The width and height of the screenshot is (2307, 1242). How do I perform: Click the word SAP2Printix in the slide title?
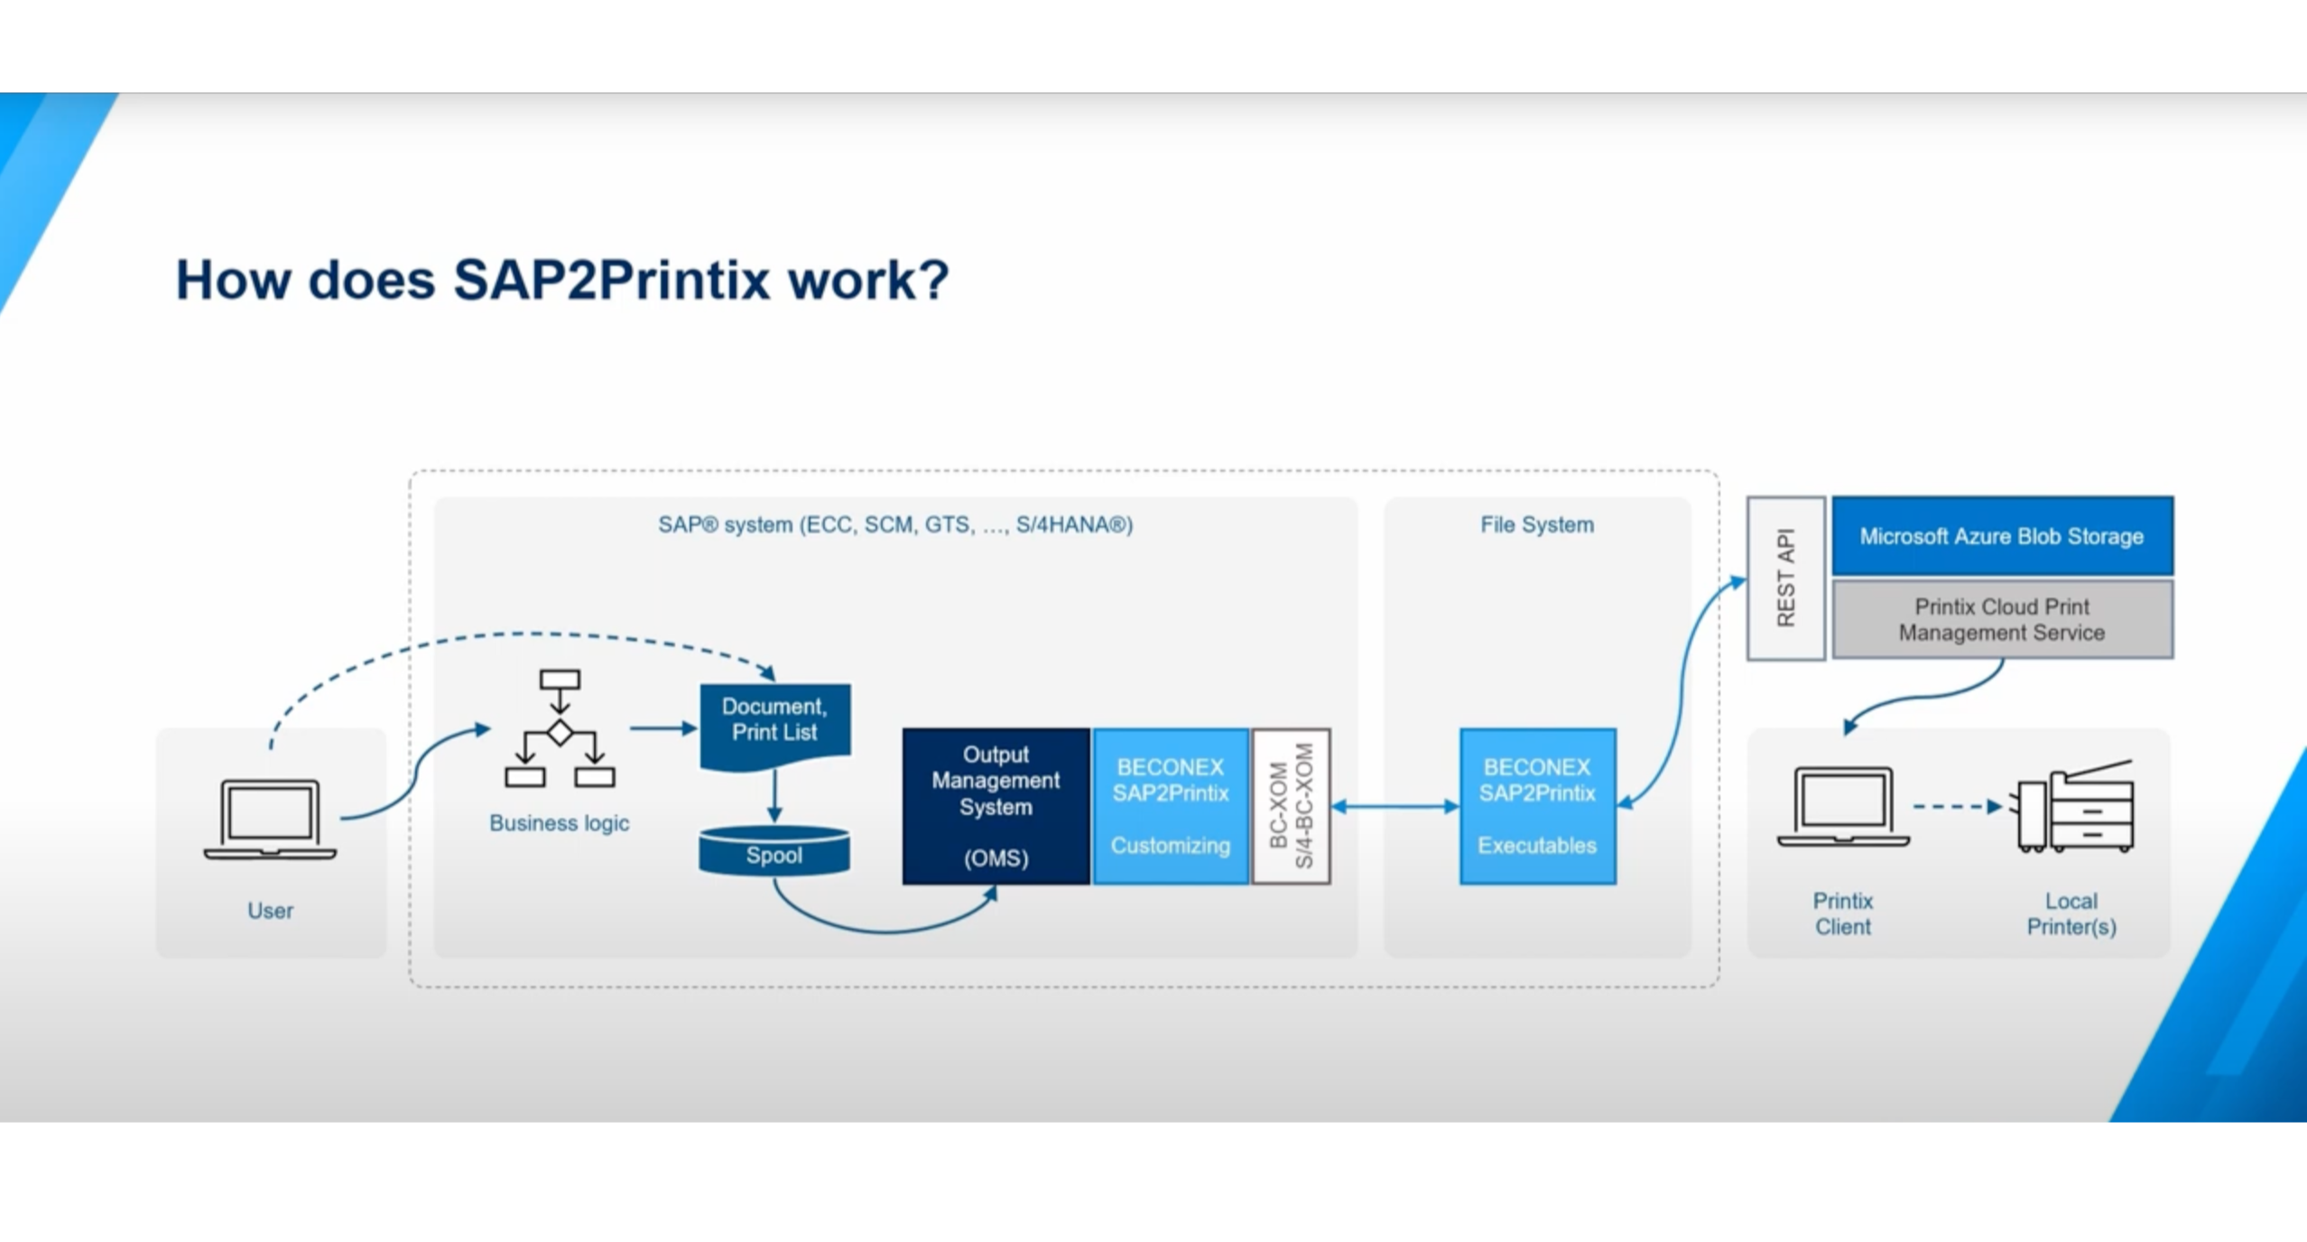611,280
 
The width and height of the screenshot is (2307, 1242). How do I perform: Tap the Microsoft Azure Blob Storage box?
2002,536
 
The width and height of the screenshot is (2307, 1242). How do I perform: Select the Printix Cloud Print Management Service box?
2002,619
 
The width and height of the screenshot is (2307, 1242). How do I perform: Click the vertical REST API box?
1785,578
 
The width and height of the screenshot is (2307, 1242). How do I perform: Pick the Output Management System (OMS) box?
996,806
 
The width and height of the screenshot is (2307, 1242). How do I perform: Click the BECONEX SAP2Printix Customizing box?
1171,806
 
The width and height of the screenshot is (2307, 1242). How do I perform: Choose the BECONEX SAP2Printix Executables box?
1537,806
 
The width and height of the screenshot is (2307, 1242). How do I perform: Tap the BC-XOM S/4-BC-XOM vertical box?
1291,806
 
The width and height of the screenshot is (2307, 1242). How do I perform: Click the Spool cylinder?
774,851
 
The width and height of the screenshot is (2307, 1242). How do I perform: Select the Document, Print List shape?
774,726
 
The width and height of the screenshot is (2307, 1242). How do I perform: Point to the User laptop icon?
270,820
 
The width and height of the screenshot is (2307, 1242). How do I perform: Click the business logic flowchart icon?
560,728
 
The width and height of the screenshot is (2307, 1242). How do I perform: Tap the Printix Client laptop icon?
1843,806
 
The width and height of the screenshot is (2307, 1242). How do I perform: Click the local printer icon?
2073,806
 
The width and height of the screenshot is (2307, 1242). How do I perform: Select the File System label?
1537,524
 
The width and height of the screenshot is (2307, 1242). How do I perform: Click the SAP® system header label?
895,524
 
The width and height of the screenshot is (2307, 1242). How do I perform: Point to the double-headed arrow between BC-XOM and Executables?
1395,806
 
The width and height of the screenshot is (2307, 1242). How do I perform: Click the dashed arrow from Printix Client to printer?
1958,806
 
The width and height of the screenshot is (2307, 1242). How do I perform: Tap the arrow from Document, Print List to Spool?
774,796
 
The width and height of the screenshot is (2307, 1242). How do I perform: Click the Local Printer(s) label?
2071,913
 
